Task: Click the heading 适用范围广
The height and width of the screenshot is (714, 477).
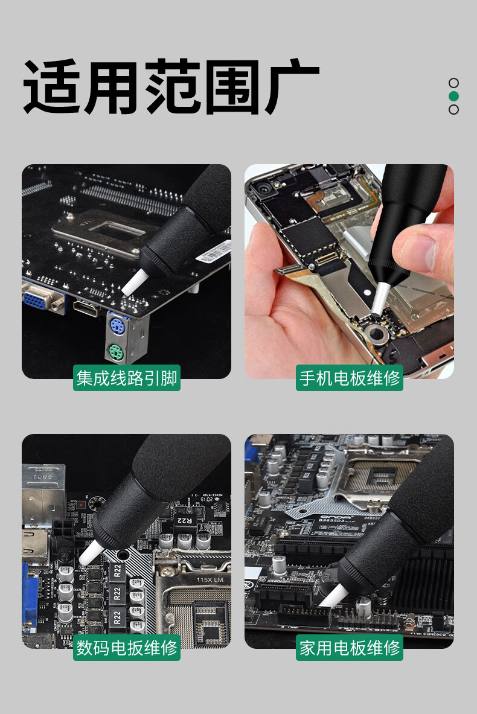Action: tap(171, 86)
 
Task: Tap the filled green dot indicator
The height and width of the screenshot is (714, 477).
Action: tap(453, 96)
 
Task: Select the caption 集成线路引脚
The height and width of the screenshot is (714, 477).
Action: tap(127, 378)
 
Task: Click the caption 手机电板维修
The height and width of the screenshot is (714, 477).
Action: tap(350, 378)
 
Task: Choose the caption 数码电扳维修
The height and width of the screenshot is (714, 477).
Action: tap(127, 648)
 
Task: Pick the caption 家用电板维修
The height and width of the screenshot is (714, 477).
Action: tap(350, 648)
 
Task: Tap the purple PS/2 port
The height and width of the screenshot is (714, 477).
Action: tap(117, 325)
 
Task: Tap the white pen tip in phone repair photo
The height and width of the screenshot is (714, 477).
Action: tap(379, 299)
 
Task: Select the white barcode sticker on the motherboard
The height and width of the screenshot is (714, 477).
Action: tap(213, 252)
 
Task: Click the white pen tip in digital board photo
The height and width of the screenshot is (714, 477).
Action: tap(91, 553)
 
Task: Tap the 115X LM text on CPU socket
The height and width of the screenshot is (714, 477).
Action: tap(210, 579)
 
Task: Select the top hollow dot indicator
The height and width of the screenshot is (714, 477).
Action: tap(453, 83)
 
